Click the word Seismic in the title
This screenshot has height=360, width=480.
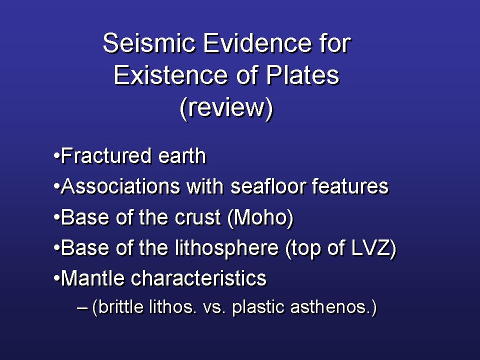[149, 43]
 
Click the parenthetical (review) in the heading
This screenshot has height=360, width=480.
[226, 108]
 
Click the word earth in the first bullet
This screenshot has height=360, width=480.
[182, 156]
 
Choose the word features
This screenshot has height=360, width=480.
[350, 186]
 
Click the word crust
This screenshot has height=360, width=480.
[198, 217]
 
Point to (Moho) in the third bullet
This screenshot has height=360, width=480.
[260, 218]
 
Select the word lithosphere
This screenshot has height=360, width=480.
[227, 248]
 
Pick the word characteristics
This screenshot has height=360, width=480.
[199, 278]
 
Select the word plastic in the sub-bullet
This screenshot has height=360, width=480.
[258, 307]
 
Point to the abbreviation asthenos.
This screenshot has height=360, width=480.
[330, 307]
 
